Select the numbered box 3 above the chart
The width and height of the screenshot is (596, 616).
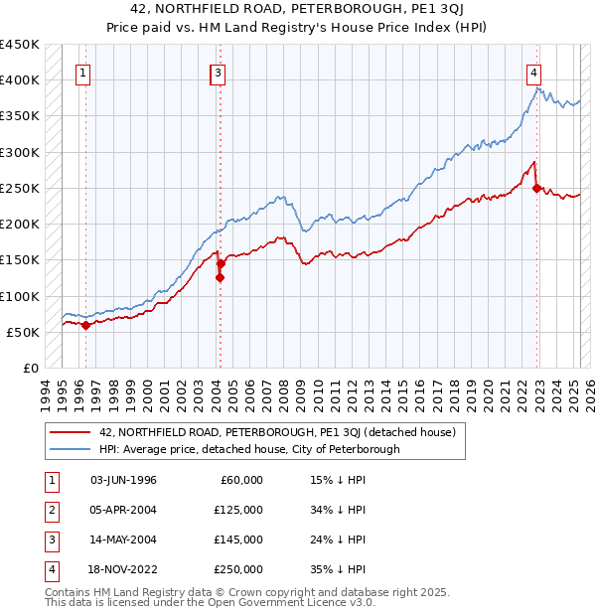pos(218,72)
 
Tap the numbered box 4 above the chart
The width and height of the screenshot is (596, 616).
pos(533,72)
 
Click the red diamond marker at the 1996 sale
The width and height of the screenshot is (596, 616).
pos(85,325)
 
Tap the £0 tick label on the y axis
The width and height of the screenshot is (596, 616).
pos(30,368)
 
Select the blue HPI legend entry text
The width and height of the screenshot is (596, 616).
pos(248,449)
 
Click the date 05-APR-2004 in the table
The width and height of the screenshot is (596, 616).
pos(123,510)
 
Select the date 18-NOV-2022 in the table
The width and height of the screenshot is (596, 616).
pos(123,569)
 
